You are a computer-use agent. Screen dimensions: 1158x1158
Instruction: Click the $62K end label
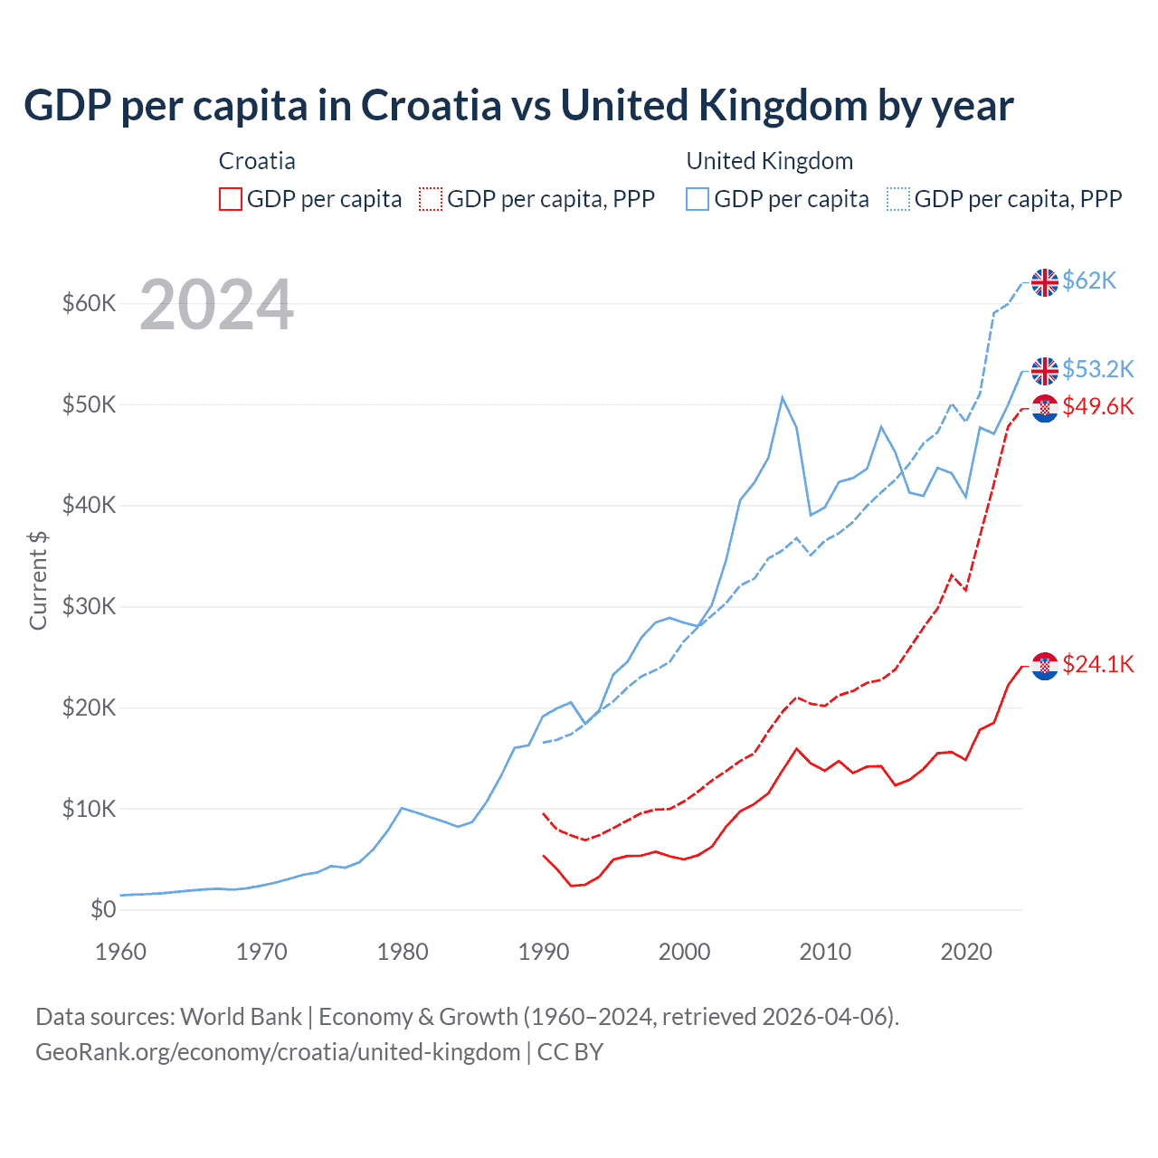[x=1089, y=281]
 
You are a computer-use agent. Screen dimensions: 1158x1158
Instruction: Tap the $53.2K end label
[x=1097, y=369]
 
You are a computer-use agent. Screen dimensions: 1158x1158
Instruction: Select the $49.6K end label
[x=1097, y=406]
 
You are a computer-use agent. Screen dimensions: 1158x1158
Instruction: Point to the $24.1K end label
[x=1097, y=665]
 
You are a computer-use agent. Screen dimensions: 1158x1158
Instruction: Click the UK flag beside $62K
[x=1045, y=282]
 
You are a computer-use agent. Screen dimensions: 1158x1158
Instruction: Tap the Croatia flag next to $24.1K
[x=1045, y=666]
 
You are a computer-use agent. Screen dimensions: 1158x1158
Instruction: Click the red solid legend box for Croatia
[x=231, y=199]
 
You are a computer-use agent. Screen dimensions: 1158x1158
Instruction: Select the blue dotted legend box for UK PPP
[x=898, y=199]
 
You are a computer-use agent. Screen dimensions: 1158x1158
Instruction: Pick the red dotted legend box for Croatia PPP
[x=431, y=199]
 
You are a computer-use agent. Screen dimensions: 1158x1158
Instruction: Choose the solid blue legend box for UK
[x=698, y=199]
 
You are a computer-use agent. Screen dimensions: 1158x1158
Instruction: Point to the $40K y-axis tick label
[x=89, y=505]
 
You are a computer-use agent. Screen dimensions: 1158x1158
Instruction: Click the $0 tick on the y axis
[x=103, y=909]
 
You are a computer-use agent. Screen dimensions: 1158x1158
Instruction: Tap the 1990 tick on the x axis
[x=544, y=952]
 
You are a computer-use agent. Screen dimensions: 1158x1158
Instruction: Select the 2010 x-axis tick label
[x=825, y=952]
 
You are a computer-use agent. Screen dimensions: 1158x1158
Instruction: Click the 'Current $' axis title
[x=38, y=580]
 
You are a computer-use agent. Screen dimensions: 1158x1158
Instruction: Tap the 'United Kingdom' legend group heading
[x=770, y=161]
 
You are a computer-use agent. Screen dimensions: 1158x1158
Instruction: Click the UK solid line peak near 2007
[x=783, y=397]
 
